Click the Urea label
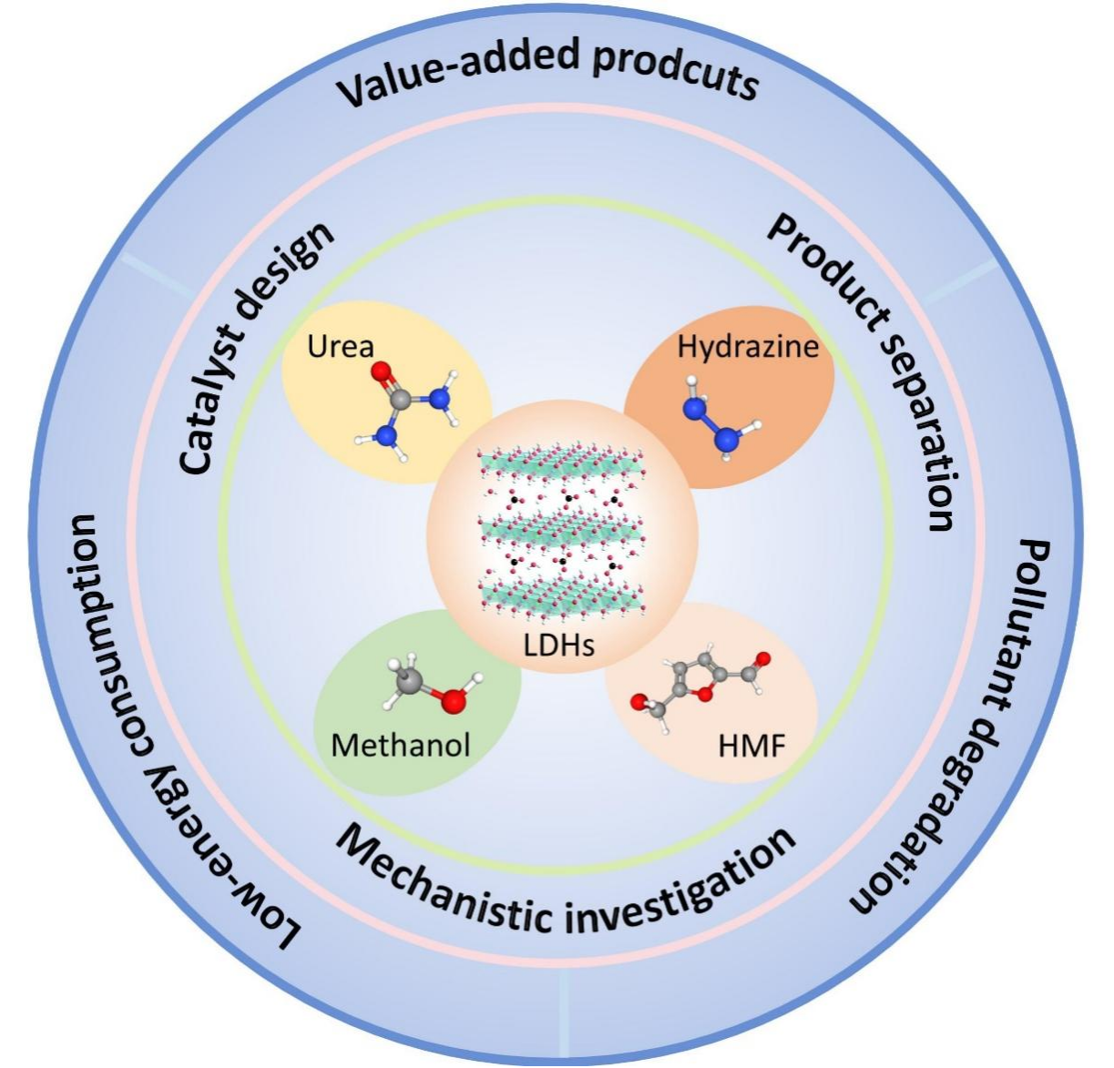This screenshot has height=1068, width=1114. tap(341, 347)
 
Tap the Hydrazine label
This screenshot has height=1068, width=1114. tap(748, 347)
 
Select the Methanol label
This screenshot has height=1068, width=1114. tap(401, 745)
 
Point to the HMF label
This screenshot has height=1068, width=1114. tap(751, 748)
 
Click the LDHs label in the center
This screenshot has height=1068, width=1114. tap(558, 646)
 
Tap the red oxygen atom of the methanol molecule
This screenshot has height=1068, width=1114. tap(453, 699)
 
